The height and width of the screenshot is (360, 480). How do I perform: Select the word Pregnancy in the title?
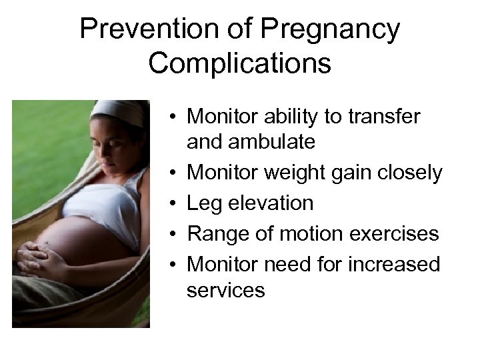331,30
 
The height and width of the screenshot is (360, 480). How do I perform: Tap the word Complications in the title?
239,63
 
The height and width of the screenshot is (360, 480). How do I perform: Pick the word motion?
311,234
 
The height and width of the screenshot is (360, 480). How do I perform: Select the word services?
225,290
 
